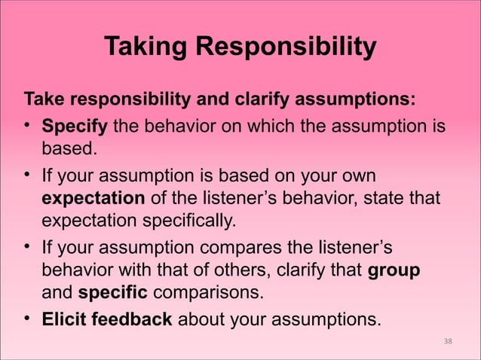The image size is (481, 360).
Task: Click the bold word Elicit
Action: pyautogui.click(x=64, y=319)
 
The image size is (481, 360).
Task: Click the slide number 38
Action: pyautogui.click(x=448, y=342)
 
